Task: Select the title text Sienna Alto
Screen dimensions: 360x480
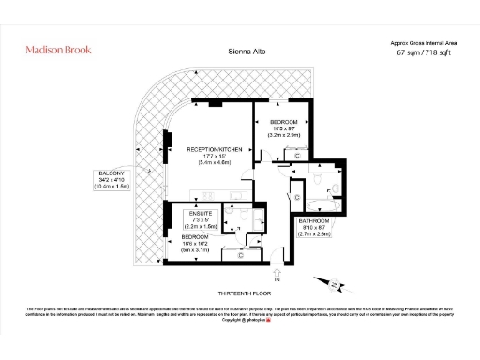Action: (x=244, y=53)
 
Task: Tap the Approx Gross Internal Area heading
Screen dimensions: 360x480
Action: (x=424, y=43)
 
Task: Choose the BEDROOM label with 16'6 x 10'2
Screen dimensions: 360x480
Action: (x=197, y=237)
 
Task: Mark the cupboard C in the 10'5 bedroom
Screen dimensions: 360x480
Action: (x=298, y=155)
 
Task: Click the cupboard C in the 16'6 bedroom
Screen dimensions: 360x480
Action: (x=241, y=253)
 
